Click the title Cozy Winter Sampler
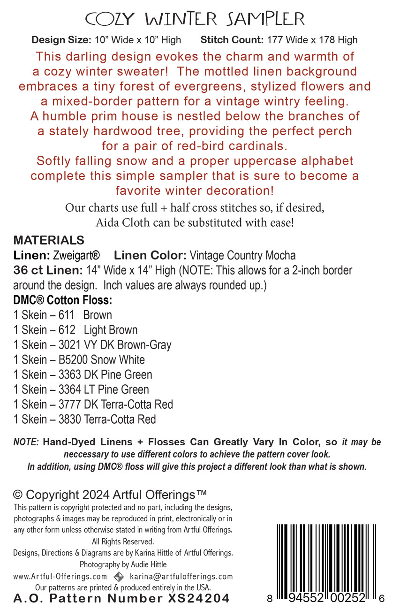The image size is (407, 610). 195,19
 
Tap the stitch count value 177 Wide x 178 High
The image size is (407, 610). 312,40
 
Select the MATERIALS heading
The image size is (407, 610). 49,241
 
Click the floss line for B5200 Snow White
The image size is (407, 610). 79,360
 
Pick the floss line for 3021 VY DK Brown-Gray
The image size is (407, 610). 92,345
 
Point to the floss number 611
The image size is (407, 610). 67,315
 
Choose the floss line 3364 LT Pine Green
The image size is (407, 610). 81,389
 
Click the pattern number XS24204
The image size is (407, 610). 202,598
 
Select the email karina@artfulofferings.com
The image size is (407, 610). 181,577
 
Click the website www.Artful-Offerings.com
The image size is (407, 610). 60,577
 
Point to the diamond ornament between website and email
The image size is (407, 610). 119,577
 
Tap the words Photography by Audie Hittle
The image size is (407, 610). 123,564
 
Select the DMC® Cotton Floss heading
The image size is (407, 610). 63,300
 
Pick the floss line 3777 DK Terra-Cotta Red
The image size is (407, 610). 93,404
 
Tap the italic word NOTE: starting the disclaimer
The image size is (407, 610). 26,442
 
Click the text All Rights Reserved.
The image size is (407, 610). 122,541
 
